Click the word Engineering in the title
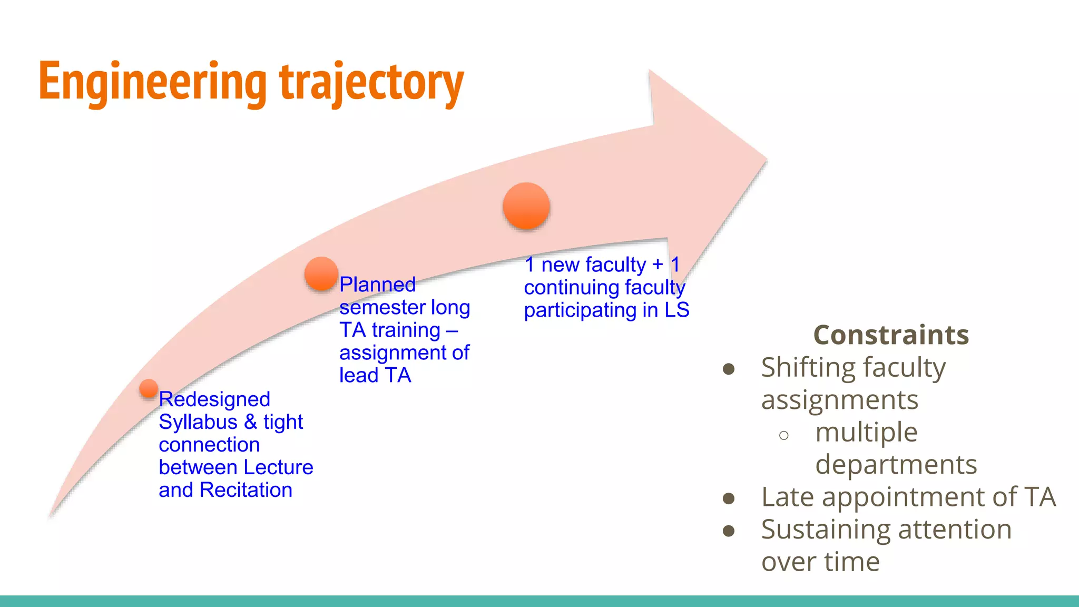[x=153, y=82]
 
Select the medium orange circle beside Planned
[x=321, y=273]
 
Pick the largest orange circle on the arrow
[x=526, y=206]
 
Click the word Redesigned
[x=214, y=399]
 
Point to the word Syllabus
[x=198, y=422]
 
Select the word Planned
[x=377, y=285]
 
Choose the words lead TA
[x=375, y=375]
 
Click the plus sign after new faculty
[x=658, y=265]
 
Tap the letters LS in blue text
[x=676, y=310]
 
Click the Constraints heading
[x=891, y=335]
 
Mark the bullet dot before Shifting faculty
[x=729, y=369]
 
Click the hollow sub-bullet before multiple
[x=783, y=435]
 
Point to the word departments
[x=896, y=465]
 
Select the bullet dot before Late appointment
[x=729, y=498]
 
